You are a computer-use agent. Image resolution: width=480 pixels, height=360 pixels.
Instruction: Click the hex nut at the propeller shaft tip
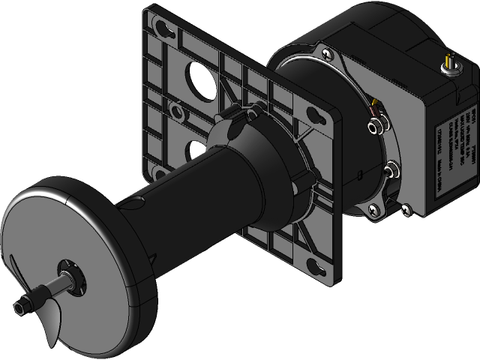[x=20, y=306]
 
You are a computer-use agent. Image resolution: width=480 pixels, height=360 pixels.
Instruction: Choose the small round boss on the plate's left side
[x=177, y=112]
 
